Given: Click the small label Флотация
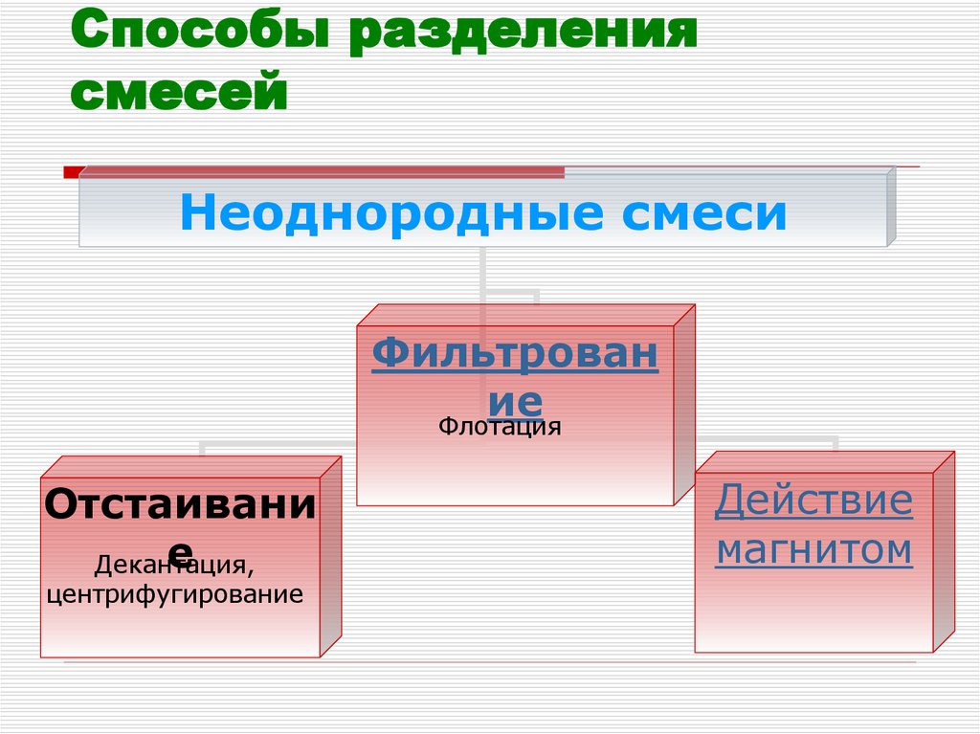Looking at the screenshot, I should click(500, 427).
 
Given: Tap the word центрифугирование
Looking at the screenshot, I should click(175, 595).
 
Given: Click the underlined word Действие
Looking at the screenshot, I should click(813, 500).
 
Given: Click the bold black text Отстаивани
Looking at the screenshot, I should click(179, 504).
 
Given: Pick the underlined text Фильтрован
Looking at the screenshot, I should click(515, 355).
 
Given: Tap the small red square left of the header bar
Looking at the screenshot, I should click(71, 172).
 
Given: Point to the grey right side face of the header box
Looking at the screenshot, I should click(891, 206).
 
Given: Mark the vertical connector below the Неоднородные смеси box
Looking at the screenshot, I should click(483, 273).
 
